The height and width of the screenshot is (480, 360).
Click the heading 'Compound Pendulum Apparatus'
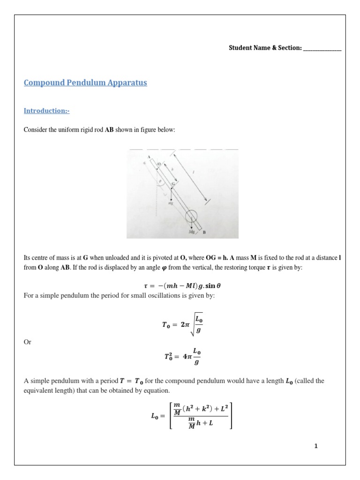85,83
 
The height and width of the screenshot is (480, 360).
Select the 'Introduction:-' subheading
46,111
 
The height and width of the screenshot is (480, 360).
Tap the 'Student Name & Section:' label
265,48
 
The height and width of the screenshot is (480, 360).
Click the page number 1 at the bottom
316,446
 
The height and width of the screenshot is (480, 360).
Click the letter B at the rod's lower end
205,232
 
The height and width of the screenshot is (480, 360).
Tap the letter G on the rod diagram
173,184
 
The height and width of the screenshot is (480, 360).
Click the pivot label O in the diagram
158,164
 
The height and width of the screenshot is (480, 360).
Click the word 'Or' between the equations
27,342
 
